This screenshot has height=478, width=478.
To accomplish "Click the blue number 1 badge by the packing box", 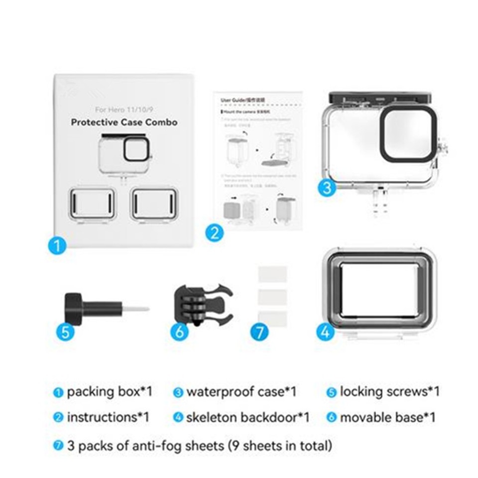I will tap(58, 245).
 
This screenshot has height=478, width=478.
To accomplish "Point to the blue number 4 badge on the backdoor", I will tap(325, 332).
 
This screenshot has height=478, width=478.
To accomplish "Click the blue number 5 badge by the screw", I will tap(65, 331).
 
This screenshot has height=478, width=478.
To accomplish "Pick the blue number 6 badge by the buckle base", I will tap(180, 331).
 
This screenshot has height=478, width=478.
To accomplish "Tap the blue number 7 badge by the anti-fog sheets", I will tap(259, 332).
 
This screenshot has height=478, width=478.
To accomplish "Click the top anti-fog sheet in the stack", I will tap(272, 274).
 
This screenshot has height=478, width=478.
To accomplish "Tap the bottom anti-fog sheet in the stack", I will tap(272, 318).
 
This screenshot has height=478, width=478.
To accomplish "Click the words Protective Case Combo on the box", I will tap(124, 122).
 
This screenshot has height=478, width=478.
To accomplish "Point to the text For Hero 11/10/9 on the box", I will tap(124, 109).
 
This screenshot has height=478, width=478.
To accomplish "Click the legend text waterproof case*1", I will tap(241, 392).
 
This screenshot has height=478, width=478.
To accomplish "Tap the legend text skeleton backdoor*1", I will tap(247, 417).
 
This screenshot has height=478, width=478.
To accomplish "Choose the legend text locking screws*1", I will tap(389, 392).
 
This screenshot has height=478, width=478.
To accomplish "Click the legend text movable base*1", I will tap(387, 417).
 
